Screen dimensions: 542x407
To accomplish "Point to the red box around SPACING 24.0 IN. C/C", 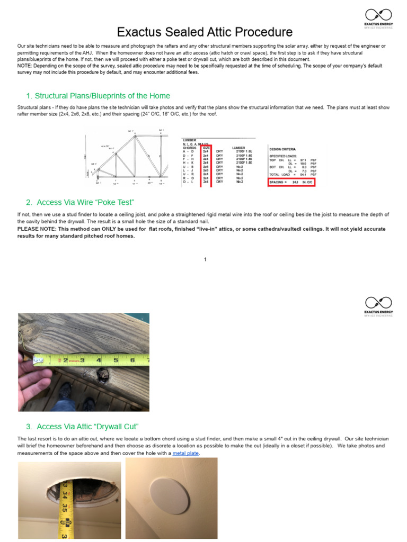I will tap(291, 183).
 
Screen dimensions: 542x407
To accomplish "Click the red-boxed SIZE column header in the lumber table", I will tap(206, 147).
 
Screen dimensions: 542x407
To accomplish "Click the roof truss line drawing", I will tap(127, 159).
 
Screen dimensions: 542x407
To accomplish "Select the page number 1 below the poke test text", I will tap(205, 259).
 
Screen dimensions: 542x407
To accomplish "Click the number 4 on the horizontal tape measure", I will tap(99, 360).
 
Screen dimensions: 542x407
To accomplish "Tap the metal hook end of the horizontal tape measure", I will tap(37, 360).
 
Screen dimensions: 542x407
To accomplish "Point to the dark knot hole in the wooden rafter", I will tap(102, 378).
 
